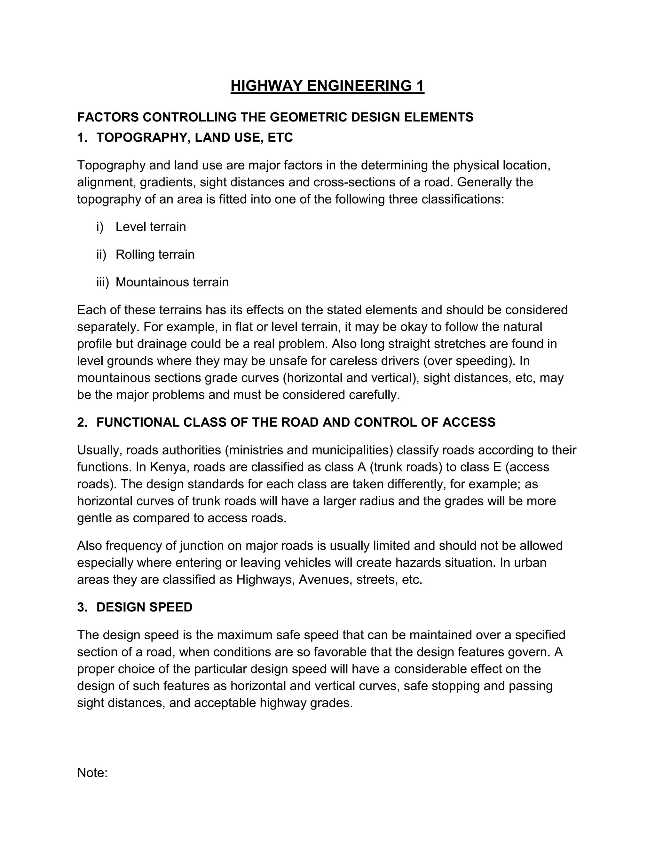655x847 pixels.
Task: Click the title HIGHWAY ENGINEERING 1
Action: [x=327, y=86]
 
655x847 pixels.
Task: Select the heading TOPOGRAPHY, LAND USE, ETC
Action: [x=194, y=137]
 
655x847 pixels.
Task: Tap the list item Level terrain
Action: [x=151, y=227]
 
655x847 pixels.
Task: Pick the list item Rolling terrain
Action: [x=155, y=255]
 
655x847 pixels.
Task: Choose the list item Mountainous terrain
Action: [x=172, y=282]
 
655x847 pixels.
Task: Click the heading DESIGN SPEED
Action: [x=144, y=607]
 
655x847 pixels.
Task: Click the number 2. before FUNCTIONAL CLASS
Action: [x=82, y=422]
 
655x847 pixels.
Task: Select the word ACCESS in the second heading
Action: [x=469, y=422]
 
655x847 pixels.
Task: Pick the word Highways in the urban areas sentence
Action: [x=265, y=580]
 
